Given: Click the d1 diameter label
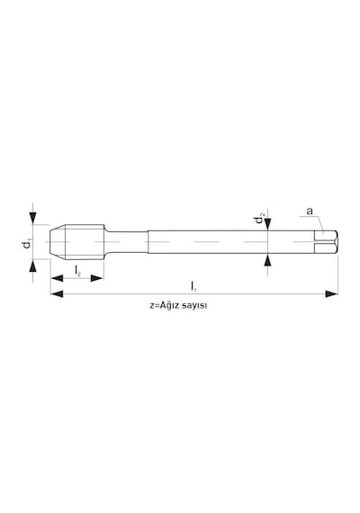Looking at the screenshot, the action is [x=26, y=244].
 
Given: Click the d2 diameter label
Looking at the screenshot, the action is [x=260, y=218].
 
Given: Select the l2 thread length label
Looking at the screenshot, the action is [x=77, y=271].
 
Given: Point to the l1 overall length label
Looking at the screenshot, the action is [x=193, y=286].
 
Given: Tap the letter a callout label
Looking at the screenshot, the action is [x=310, y=211].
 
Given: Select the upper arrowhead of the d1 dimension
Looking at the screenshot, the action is [x=32, y=218].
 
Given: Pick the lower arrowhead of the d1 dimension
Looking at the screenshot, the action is [x=32, y=265].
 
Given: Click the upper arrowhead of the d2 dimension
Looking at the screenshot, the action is [x=268, y=224].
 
